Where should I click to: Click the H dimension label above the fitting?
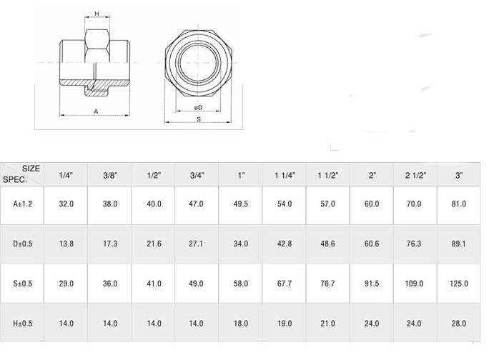pyautogui.click(x=97, y=14)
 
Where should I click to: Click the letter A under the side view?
pyautogui.click(x=96, y=111)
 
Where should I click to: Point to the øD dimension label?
pyautogui.click(x=198, y=107)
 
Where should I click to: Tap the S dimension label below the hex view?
pyautogui.click(x=199, y=119)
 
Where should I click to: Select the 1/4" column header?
pyautogui.click(x=66, y=175)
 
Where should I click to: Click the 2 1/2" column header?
pyautogui.click(x=415, y=175)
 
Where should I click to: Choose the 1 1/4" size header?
pyautogui.click(x=285, y=175)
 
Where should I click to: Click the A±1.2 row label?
pyautogui.click(x=22, y=204)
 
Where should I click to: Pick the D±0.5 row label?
pyautogui.click(x=22, y=244)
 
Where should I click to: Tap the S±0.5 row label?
pyautogui.click(x=22, y=284)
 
